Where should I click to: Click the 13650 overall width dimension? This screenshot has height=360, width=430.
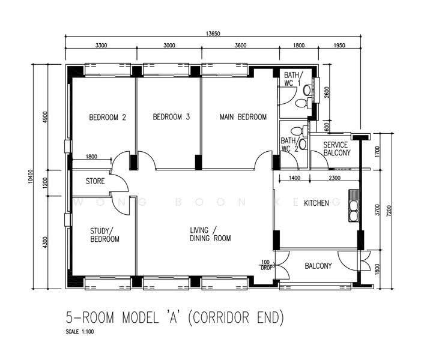[213, 34]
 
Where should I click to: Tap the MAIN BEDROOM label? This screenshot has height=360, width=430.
[243, 117]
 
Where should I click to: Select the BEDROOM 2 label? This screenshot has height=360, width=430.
[107, 117]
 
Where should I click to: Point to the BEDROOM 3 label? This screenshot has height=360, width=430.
[171, 117]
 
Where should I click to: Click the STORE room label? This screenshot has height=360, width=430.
[95, 181]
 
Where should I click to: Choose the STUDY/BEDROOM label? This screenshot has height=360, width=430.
[104, 235]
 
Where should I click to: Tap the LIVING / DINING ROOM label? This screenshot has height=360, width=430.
[210, 234]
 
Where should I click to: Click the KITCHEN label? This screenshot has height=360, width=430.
[316, 203]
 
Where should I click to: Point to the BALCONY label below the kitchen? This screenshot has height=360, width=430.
[318, 266]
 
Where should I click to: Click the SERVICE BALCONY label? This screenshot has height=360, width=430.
[337, 149]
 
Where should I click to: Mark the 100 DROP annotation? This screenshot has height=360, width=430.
[265, 265]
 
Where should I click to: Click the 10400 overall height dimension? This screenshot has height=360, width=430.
[31, 177]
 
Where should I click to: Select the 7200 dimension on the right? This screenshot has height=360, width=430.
[389, 211]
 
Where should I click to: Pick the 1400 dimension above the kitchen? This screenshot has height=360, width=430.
[294, 178]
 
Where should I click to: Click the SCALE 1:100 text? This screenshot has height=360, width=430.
[80, 332]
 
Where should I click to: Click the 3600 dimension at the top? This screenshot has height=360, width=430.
[240, 46]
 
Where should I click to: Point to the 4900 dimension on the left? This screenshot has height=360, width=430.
[45, 117]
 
